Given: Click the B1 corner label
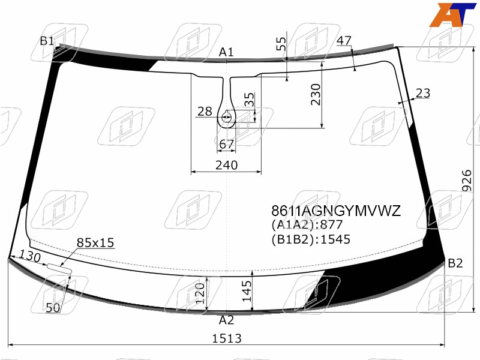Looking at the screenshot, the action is (x=47, y=41).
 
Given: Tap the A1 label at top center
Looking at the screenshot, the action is (x=226, y=52).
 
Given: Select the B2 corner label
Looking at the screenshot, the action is (x=455, y=263).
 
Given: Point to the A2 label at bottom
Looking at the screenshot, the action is (x=227, y=320).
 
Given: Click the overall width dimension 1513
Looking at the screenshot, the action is (x=227, y=338).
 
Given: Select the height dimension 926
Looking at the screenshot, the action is (x=467, y=181).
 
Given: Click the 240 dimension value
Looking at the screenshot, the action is (x=227, y=165).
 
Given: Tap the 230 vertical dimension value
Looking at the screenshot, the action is (x=316, y=95).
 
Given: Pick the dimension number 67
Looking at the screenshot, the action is (x=227, y=144).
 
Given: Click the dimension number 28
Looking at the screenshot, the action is (x=205, y=112).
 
